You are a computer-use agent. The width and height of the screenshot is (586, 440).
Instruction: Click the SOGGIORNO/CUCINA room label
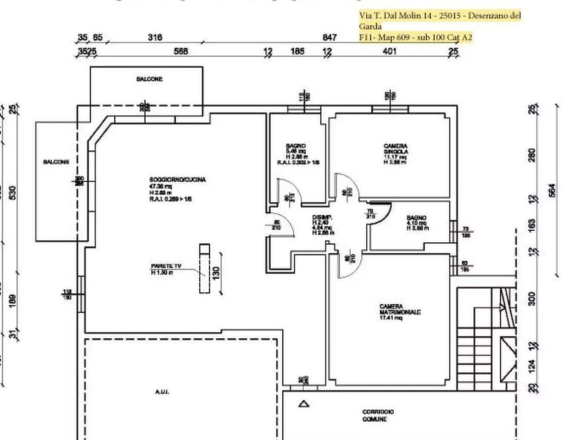(177, 180)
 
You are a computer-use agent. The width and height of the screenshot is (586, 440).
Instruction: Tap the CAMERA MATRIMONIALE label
(400, 310)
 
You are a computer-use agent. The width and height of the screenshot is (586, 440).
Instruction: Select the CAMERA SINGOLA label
(396, 149)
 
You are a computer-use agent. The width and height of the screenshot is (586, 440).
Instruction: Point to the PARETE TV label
(166, 266)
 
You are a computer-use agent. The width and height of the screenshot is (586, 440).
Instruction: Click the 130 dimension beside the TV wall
(216, 272)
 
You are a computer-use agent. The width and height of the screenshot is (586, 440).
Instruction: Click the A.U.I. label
(162, 392)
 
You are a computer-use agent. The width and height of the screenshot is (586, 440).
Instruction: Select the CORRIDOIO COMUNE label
(378, 415)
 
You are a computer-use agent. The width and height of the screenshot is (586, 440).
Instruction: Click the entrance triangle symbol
(304, 403)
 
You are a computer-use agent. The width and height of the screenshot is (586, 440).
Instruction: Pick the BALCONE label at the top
(149, 79)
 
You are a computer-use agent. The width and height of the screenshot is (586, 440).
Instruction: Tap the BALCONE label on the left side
(56, 162)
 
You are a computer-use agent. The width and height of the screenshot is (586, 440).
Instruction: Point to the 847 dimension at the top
(329, 37)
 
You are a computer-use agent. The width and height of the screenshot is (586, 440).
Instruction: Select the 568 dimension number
(181, 51)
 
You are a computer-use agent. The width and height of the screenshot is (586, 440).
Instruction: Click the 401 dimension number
(389, 51)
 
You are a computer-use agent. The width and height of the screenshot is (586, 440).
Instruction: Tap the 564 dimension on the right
(552, 190)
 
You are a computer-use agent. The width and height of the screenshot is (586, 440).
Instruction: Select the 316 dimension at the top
(155, 37)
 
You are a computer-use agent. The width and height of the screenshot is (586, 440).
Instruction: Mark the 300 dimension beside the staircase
(532, 299)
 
